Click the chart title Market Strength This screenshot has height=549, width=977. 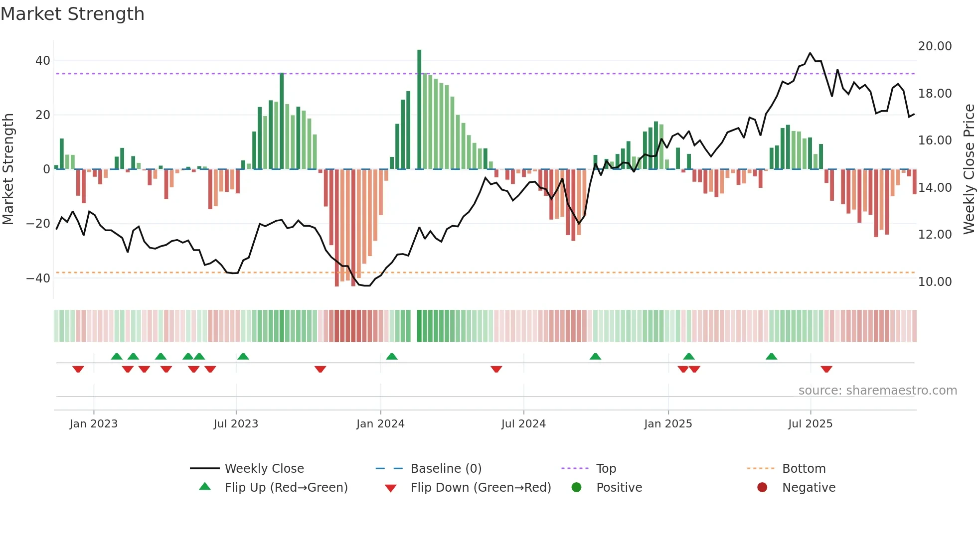pyautogui.click(x=72, y=14)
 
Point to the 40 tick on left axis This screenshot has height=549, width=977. pyautogui.click(x=43, y=61)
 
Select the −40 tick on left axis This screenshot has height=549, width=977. pyautogui.click(x=38, y=278)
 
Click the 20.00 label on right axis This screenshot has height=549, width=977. pyautogui.click(x=935, y=46)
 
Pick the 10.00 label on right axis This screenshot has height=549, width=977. pyautogui.click(x=935, y=282)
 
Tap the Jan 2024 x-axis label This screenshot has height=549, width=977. pyautogui.click(x=380, y=424)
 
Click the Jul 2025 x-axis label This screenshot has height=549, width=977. pyautogui.click(x=810, y=424)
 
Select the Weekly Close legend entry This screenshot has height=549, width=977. pyautogui.click(x=264, y=469)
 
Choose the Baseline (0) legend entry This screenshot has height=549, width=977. pyautogui.click(x=446, y=469)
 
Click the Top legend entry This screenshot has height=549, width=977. pyautogui.click(x=606, y=469)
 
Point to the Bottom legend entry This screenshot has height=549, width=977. pyautogui.click(x=804, y=469)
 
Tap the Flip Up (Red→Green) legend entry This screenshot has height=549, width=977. pyautogui.click(x=286, y=488)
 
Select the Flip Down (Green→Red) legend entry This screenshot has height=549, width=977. pyautogui.click(x=481, y=488)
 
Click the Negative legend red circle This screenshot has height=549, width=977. pyautogui.click(x=762, y=487)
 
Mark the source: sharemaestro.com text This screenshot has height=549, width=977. pyautogui.click(x=877, y=391)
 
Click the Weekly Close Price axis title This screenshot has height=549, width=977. pyautogui.click(x=969, y=169)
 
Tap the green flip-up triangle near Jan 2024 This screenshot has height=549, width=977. pyautogui.click(x=392, y=356)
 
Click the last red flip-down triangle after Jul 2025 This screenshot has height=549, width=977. pyautogui.click(x=826, y=369)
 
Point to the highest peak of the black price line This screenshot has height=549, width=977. pyautogui.click(x=810, y=53)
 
